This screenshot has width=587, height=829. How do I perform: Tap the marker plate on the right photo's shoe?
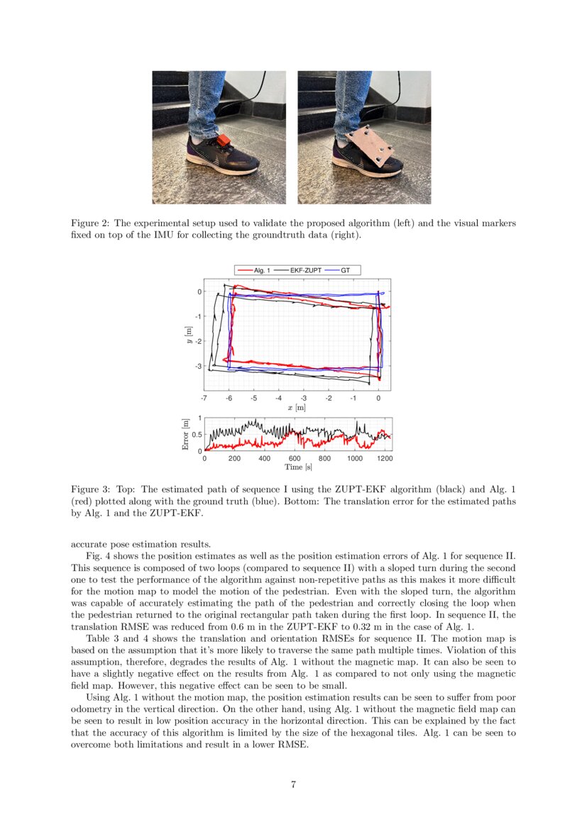[371, 147]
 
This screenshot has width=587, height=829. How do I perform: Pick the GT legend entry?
[345, 270]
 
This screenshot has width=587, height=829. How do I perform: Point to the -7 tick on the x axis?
[204, 399]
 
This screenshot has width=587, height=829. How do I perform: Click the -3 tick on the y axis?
[198, 366]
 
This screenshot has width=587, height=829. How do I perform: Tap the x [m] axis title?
[297, 408]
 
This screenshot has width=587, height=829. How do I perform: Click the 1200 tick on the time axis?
[385, 459]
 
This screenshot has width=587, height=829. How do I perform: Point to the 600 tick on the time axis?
[295, 459]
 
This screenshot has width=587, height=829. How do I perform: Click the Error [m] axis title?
[185, 434]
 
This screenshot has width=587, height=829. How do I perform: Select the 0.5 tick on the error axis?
[197, 435]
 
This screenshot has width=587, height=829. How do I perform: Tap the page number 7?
[293, 784]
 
